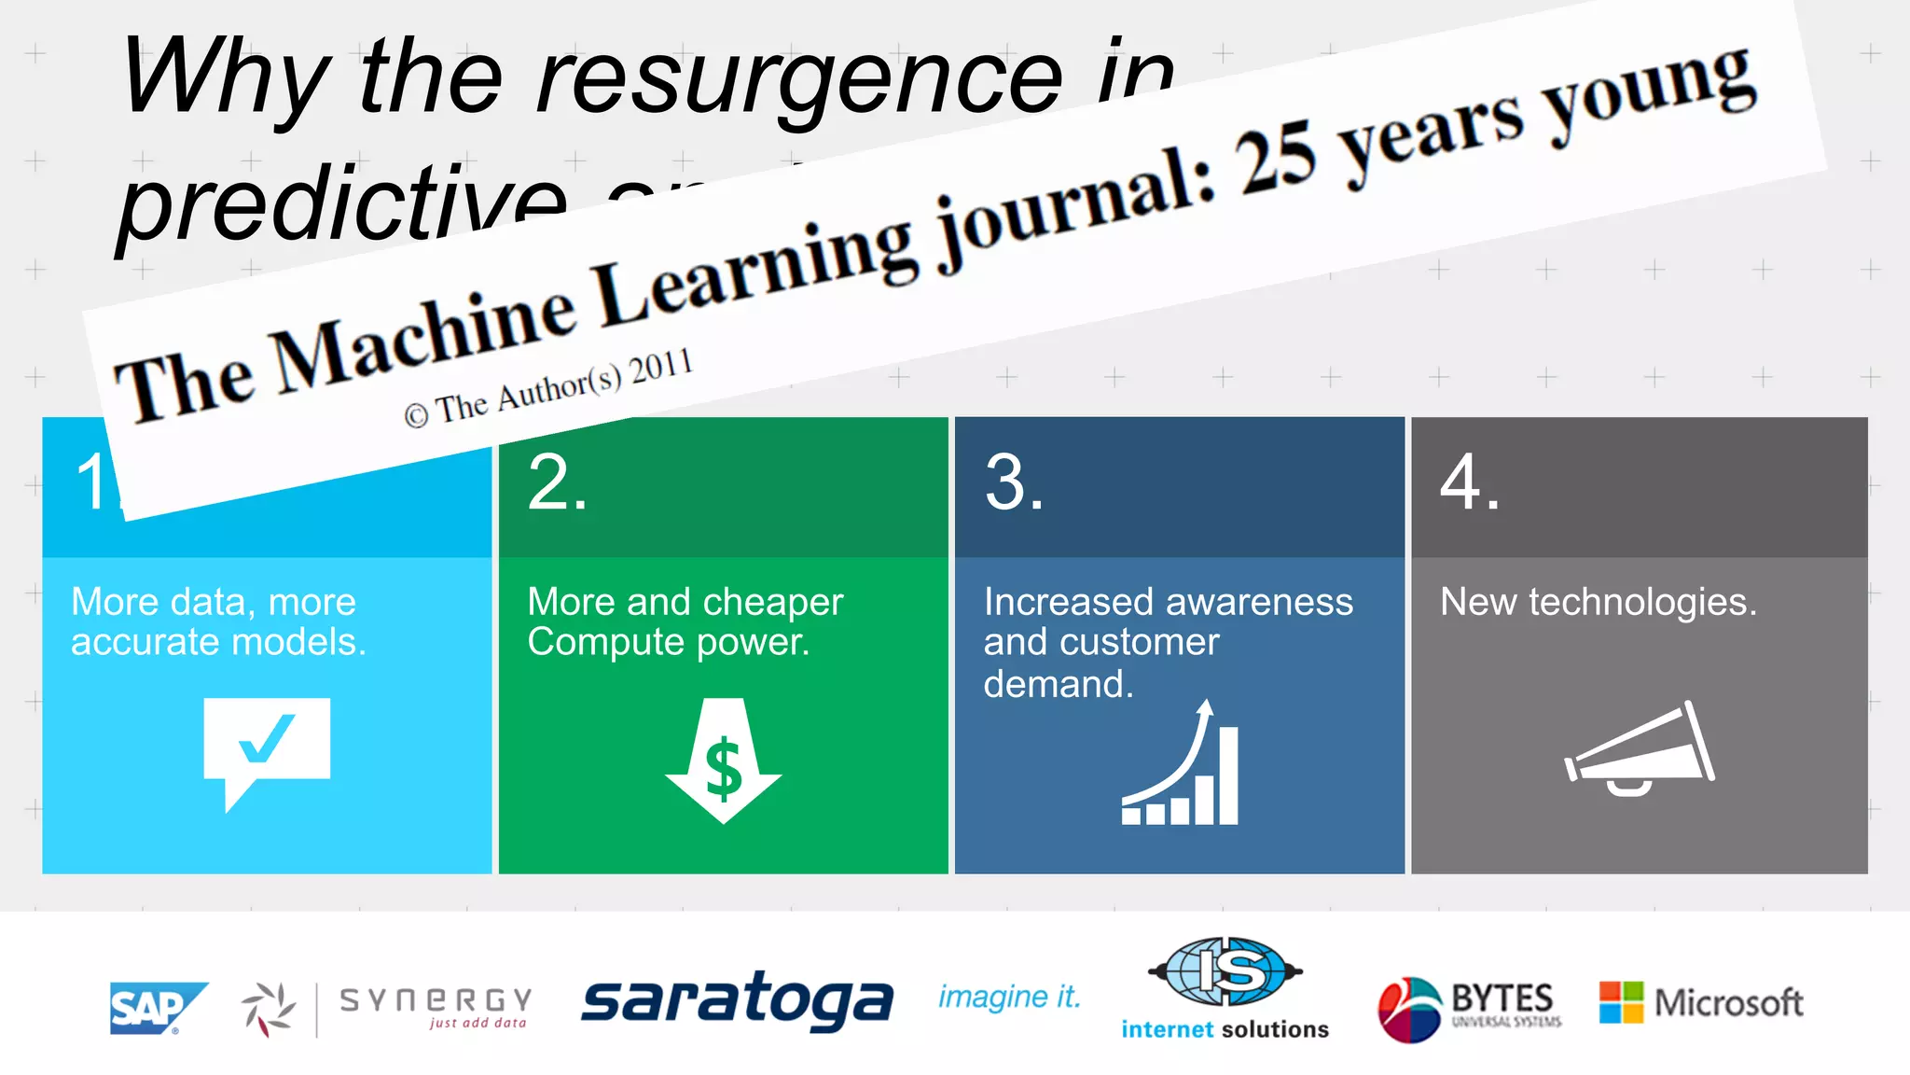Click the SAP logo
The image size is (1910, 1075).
[157, 1008]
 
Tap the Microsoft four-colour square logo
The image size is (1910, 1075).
[1621, 1002]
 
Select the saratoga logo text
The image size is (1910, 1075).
[737, 1000]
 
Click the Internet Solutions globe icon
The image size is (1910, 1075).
[1225, 971]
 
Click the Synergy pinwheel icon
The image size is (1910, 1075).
[269, 1009]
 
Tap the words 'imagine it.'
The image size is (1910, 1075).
[1009, 998]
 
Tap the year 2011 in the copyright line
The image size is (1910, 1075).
[660, 367]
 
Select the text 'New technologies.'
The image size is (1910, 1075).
[1598, 602]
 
